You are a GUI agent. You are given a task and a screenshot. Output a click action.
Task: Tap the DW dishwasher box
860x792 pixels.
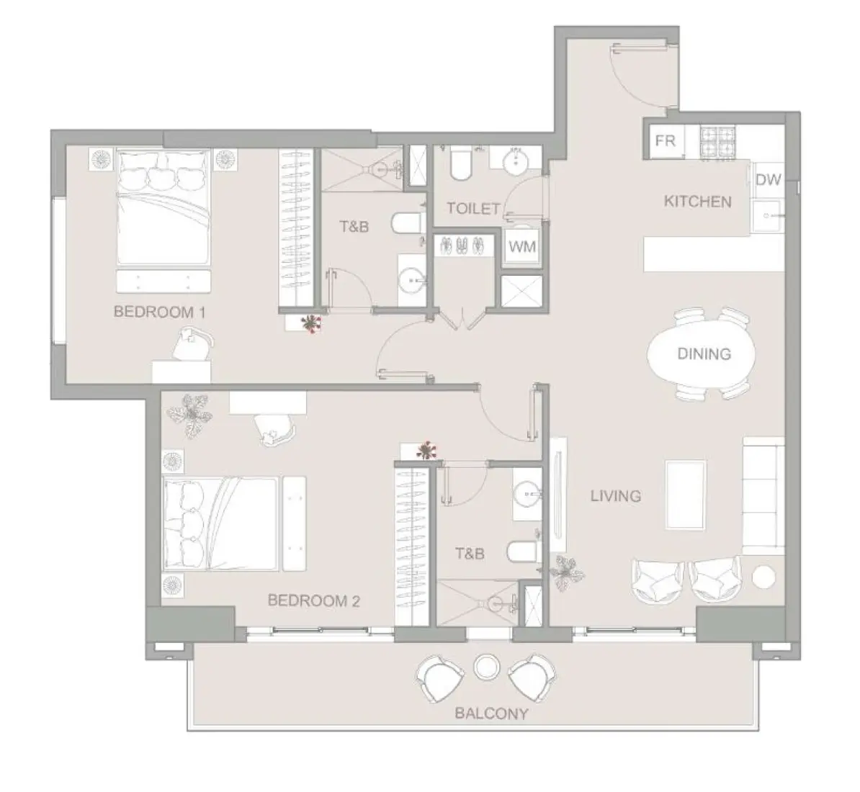769,180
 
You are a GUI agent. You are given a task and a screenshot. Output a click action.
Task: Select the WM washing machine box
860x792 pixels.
522,246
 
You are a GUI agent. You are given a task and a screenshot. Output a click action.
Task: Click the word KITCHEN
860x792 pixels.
697,202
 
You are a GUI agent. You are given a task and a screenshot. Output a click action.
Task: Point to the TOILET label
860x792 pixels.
473,209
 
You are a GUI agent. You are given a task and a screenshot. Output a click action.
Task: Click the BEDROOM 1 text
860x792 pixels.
160,312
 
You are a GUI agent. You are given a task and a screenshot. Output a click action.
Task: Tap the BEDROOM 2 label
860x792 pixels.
313,600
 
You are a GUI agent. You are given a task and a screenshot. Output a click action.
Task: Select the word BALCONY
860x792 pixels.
492,714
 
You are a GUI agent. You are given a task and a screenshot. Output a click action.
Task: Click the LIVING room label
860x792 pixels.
615,495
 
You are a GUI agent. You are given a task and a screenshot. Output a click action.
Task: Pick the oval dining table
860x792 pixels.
703,354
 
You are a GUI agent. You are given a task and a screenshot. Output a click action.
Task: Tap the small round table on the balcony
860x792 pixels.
486,666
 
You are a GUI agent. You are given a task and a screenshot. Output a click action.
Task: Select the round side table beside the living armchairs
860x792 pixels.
763,577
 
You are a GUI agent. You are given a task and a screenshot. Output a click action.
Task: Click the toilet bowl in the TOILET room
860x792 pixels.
459,165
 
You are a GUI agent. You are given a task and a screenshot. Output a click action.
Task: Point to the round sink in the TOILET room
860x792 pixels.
516,162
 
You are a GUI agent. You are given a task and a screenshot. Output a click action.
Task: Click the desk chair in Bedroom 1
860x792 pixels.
194,344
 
